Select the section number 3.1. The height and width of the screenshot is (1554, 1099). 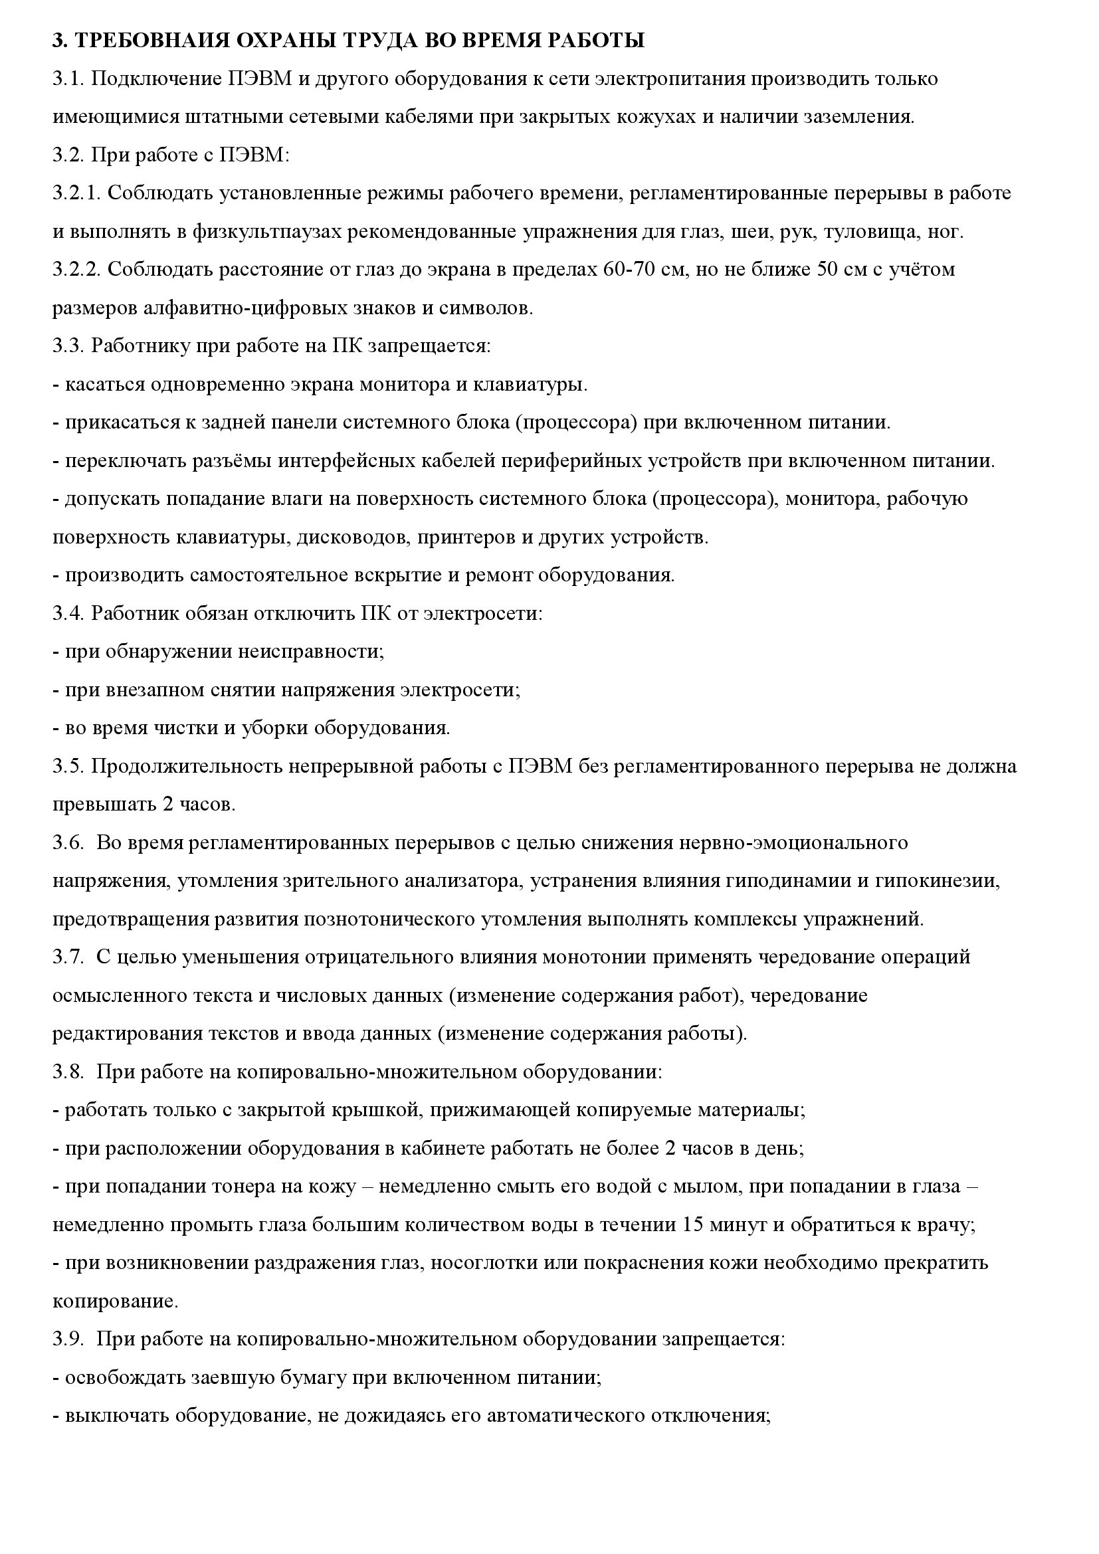(68, 79)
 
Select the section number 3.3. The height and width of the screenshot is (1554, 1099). (68, 347)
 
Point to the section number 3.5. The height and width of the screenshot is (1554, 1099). (68, 767)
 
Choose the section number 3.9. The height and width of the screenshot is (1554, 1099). (68, 1340)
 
